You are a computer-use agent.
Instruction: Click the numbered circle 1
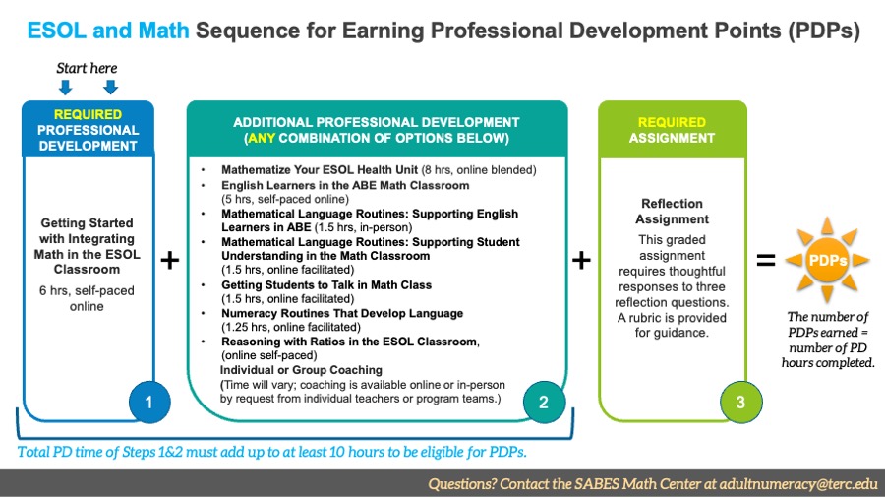[x=150, y=402]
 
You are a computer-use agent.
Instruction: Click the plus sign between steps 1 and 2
[x=170, y=261]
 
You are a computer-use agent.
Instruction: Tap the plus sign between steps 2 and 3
[x=581, y=261]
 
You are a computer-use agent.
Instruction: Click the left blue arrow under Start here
[x=66, y=87]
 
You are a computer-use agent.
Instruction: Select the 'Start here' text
[x=88, y=68]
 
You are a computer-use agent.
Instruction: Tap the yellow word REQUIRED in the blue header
[x=88, y=114]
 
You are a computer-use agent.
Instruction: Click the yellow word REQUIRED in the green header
[x=672, y=122]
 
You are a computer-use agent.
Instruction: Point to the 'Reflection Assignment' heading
[x=673, y=212]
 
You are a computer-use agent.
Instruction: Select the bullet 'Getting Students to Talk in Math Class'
[x=325, y=285]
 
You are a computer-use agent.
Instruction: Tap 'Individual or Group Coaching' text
[x=301, y=370]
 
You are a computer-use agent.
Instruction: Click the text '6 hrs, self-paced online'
[x=88, y=298]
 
